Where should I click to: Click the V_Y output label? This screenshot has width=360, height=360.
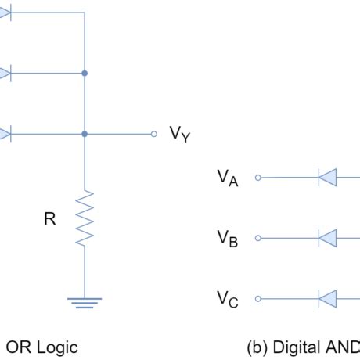(x=180, y=135)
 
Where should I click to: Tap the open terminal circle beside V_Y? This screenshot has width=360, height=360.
(x=154, y=134)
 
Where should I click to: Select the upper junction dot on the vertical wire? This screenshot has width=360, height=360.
(x=85, y=74)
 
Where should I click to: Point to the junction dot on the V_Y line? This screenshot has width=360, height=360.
(x=85, y=134)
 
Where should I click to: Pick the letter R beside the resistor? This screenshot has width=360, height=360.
(x=49, y=220)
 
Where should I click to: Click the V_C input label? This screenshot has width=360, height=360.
(x=228, y=299)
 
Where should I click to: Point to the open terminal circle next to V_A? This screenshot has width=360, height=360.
(x=258, y=178)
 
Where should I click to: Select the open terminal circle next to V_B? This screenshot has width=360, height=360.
(x=258, y=238)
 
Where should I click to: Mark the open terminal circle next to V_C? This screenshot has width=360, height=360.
(x=258, y=298)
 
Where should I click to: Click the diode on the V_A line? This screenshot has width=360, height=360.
(x=327, y=178)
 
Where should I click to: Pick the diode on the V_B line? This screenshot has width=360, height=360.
(x=327, y=238)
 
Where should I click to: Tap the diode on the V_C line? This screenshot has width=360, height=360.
(x=327, y=298)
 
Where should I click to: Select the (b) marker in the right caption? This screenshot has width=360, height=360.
(x=257, y=345)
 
